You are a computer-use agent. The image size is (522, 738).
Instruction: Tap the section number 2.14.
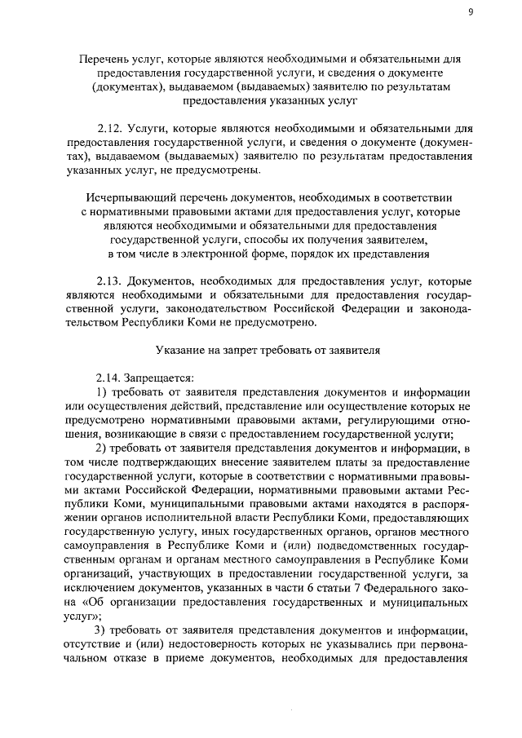tap(108, 378)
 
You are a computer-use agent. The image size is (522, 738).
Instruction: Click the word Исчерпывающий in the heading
tap(128, 197)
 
